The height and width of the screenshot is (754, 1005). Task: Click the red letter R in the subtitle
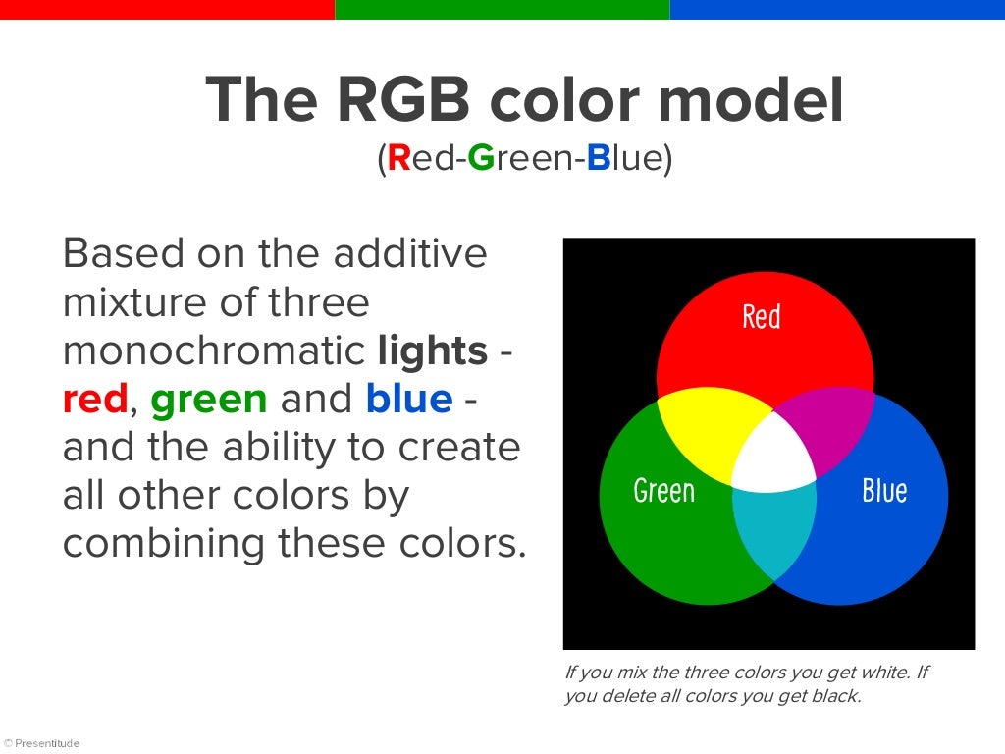pos(398,158)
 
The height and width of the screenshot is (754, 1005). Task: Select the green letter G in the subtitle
pos(480,158)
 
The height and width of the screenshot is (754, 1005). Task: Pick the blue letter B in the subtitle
pos(599,158)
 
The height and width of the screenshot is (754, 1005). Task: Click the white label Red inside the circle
pos(761,317)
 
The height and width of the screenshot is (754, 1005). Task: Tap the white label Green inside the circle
pos(663,490)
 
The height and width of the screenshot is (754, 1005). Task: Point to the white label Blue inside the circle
pos(883,490)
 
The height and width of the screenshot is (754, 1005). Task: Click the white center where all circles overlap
pos(773,457)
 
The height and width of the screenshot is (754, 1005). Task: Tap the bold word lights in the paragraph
pos(432,350)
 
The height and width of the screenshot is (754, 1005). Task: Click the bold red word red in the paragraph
pos(94,399)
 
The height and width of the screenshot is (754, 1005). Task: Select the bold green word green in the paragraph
pos(208,399)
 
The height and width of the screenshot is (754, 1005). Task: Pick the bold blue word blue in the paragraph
pos(408,399)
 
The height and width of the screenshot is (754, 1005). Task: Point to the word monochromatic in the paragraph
pos(215,350)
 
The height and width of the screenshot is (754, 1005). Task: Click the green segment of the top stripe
pos(502,9)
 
